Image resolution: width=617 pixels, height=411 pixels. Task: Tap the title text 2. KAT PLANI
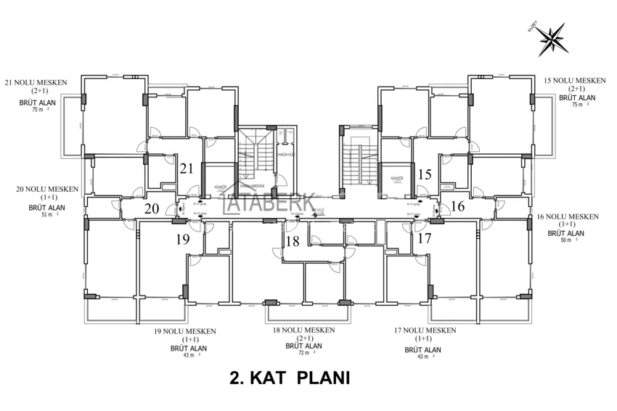[290, 378]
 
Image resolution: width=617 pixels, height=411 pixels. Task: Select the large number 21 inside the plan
[187, 168]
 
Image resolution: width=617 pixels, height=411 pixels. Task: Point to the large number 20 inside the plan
[152, 208]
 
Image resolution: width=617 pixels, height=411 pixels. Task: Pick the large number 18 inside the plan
[292, 242]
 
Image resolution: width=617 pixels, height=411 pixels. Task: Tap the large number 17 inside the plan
[424, 237]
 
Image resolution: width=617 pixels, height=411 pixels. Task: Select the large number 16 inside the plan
[457, 206]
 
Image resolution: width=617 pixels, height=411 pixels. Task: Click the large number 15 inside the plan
[425, 174]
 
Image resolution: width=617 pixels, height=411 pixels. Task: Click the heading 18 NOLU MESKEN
[303, 330]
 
